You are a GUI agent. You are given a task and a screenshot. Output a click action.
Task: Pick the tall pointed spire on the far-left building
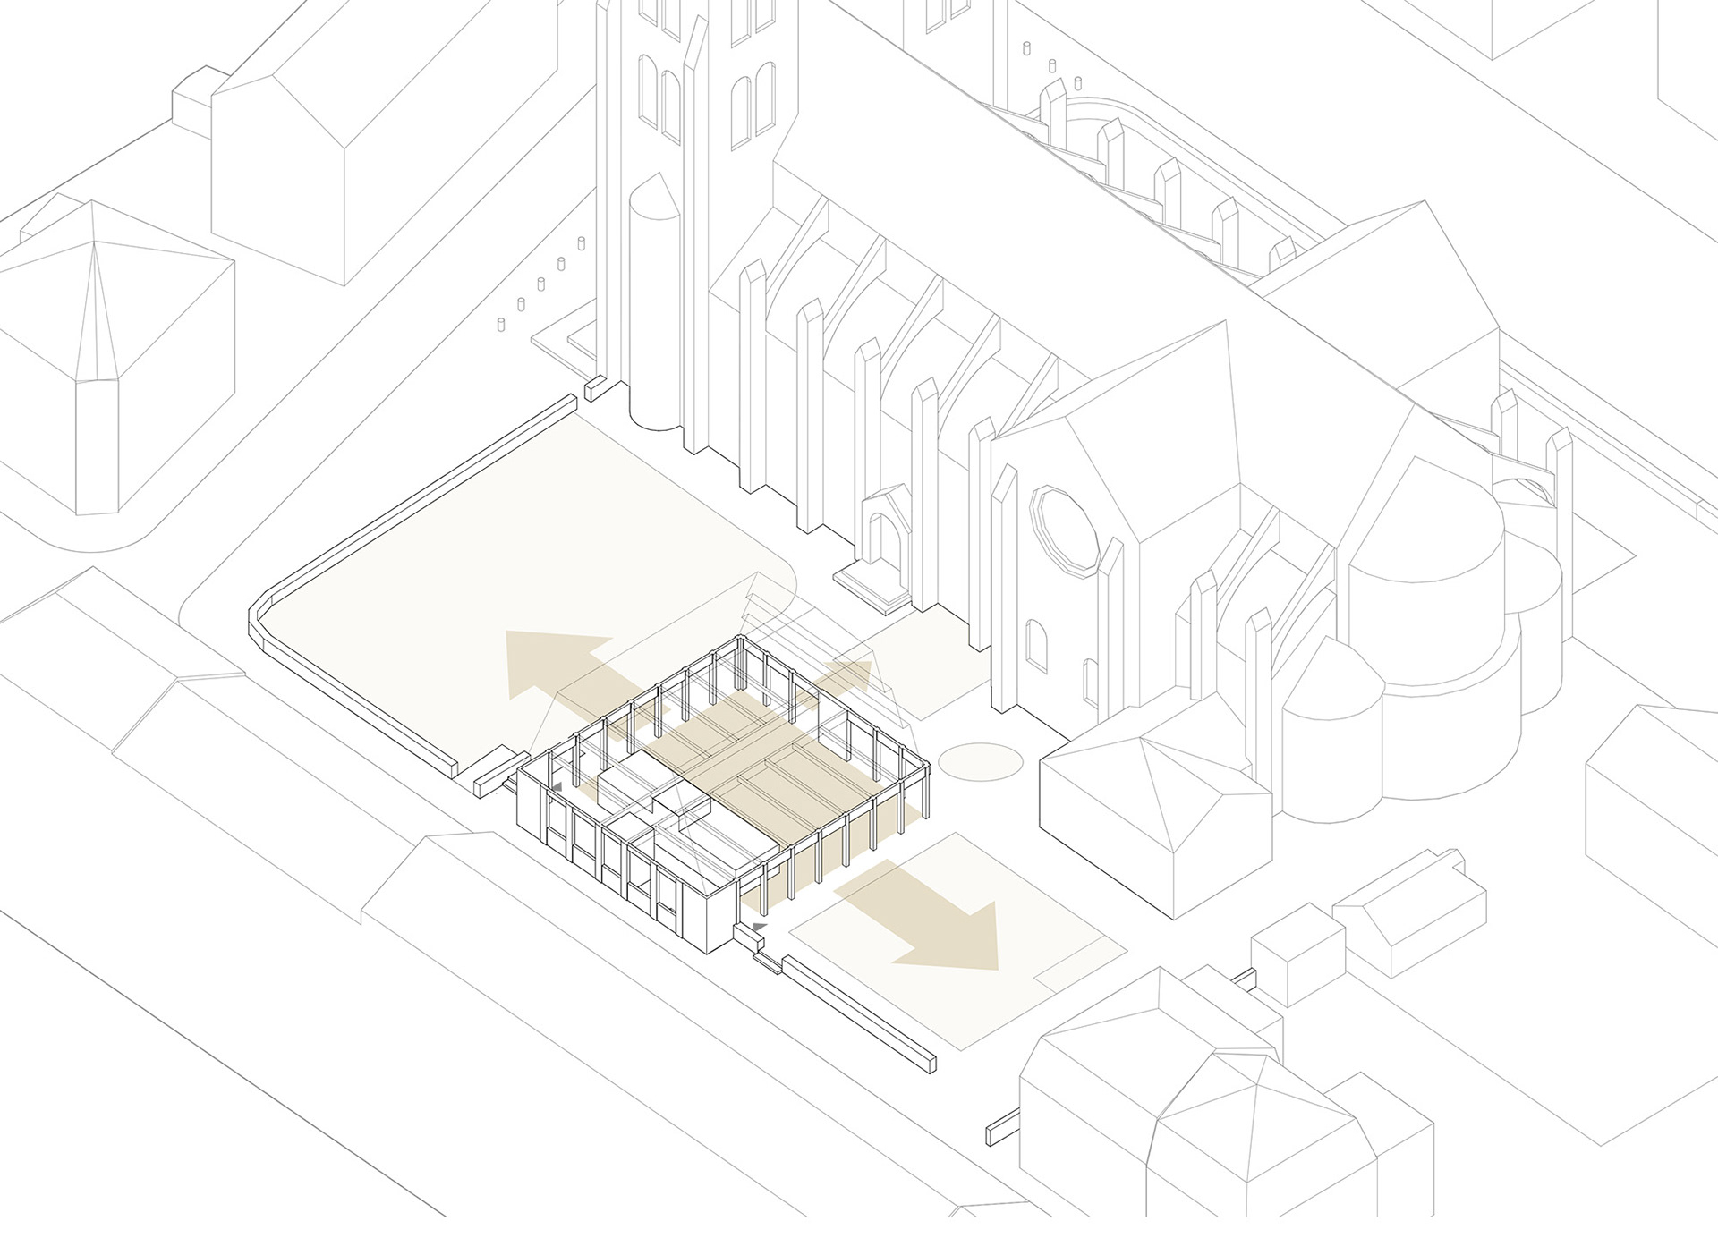pyautogui.click(x=96, y=376)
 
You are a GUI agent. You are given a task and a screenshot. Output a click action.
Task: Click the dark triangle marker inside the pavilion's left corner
pyautogui.click(x=557, y=785)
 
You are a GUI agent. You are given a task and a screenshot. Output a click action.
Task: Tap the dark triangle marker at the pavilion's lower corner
pyautogui.click(x=760, y=924)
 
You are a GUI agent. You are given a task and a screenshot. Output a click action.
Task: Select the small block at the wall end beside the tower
pyautogui.click(x=595, y=387)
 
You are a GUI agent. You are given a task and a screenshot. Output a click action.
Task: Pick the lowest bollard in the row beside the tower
pyautogui.click(x=501, y=325)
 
